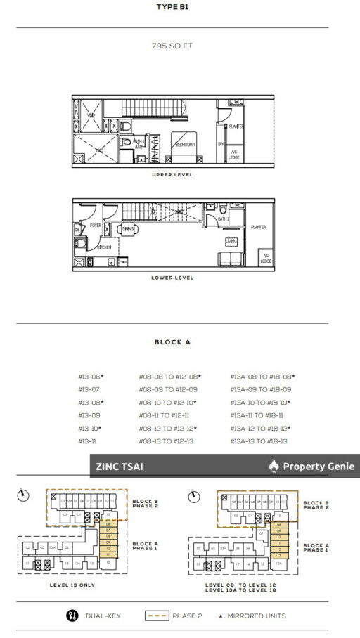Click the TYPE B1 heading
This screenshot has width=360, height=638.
[x=172, y=8]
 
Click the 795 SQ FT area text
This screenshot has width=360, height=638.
[x=172, y=46]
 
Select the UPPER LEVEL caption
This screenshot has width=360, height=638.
[x=172, y=175]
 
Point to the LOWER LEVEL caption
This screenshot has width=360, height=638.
[x=172, y=278]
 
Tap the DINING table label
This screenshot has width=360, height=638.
[x=128, y=229]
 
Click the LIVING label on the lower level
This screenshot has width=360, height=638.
[x=231, y=241]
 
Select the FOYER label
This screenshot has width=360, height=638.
[x=96, y=226]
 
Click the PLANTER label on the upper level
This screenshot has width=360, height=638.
[x=236, y=126]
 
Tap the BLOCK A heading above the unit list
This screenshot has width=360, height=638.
[x=172, y=342]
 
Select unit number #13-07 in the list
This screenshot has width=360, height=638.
[x=89, y=389]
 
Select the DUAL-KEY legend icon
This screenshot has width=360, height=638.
[x=70, y=616]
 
